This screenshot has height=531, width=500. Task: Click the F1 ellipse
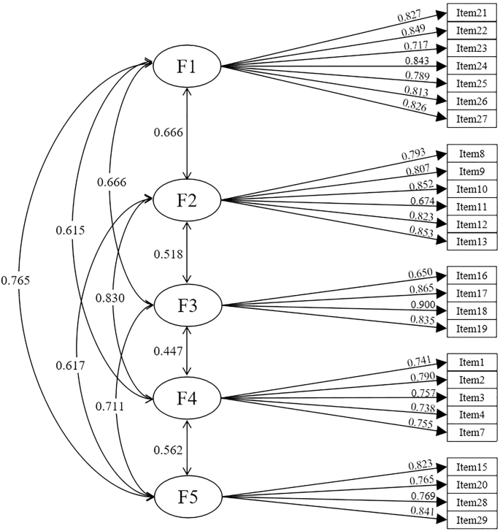point(188,66)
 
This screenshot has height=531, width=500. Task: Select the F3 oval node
point(188,305)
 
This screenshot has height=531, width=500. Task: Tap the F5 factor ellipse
point(188,498)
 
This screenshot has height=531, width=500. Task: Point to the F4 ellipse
point(188,399)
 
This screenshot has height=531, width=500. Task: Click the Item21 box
point(472,14)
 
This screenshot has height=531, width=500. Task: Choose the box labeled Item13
point(472,242)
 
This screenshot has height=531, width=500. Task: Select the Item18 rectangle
point(472,311)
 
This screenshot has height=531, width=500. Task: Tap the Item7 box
point(472,432)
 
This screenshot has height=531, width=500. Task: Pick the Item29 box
point(472,519)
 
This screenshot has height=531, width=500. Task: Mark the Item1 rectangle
point(472,362)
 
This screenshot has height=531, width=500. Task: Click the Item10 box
point(472,189)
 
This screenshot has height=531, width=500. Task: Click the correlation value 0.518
point(168,253)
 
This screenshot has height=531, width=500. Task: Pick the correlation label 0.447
point(168,352)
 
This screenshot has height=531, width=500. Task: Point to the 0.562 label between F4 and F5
point(168,450)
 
